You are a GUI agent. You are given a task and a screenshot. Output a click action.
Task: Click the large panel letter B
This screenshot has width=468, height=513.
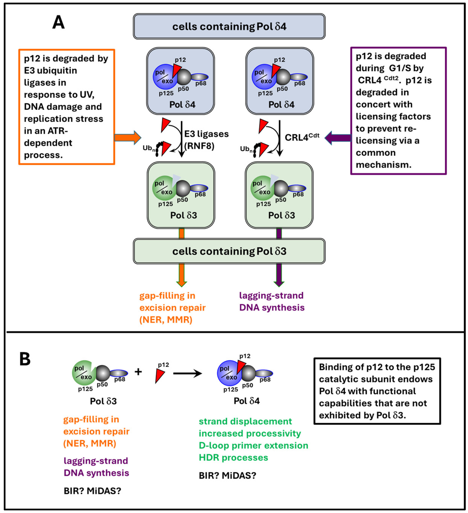25,359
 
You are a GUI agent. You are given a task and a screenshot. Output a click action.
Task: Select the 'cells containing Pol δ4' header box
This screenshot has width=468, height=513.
229,26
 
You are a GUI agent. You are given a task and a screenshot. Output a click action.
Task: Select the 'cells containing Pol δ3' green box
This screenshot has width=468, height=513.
229,251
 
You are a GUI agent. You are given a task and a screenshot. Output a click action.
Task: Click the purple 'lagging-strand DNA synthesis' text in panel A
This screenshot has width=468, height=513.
272,301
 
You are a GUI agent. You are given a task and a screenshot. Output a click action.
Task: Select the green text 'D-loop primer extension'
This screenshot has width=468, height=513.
253,445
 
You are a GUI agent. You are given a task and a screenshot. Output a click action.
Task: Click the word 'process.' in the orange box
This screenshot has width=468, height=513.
43,155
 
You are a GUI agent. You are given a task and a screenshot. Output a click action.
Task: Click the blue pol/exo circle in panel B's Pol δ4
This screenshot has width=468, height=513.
227,373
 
